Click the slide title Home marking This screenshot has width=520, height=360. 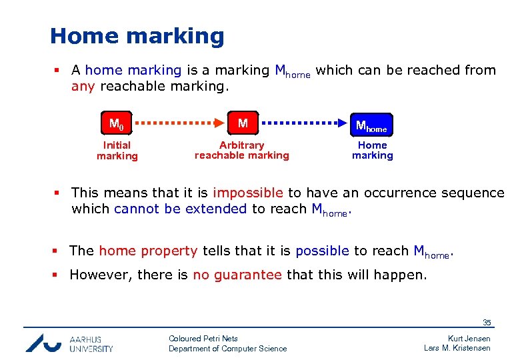tap(137, 36)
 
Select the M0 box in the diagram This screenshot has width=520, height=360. tap(117, 124)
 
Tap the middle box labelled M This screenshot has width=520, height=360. tap(243, 124)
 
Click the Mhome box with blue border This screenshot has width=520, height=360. tap(371, 125)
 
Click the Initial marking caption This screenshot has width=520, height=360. tap(117, 151)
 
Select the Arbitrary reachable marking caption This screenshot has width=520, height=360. tap(242, 151)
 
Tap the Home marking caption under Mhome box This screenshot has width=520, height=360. tap(372, 151)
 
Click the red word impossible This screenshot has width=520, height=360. tap(248, 193)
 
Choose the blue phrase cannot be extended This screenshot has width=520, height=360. tap(181, 209)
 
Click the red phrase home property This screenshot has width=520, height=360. tap(148, 251)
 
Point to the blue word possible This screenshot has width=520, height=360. tap(322, 251)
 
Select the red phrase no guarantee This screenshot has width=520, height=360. tap(237, 275)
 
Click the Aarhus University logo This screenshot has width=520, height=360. tap(69, 343)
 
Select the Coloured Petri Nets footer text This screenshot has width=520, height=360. tap(203, 339)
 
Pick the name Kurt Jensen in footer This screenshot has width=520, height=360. tap(469, 339)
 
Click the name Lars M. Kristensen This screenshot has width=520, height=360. tap(457, 348)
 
